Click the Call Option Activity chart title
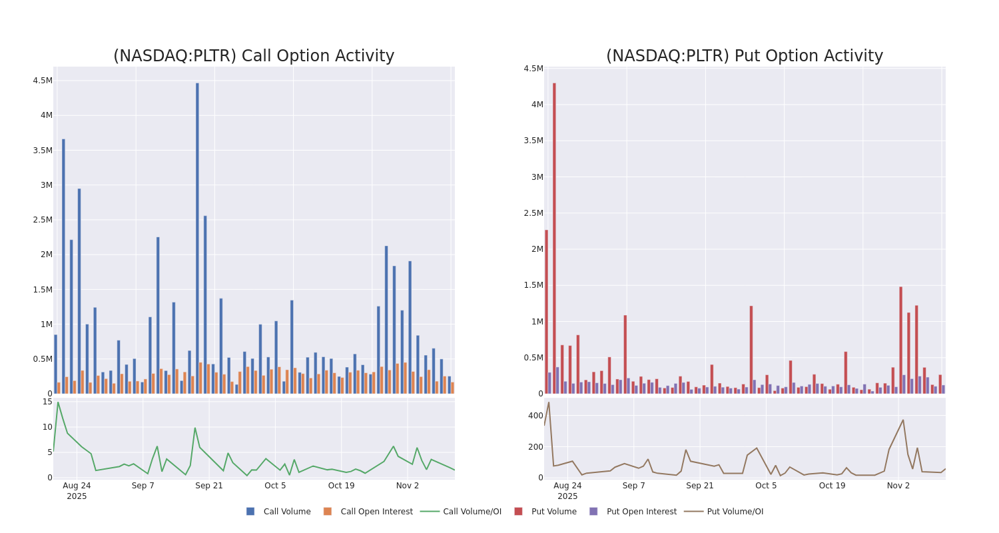tap(254, 56)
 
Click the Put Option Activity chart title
tap(744, 56)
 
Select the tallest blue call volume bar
tap(197, 238)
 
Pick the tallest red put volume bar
tap(554, 238)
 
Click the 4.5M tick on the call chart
tap(43, 81)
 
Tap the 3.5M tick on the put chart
tap(532, 141)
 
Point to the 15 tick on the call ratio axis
tap(47, 402)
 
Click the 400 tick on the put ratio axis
tap(535, 416)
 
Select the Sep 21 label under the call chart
tap(209, 486)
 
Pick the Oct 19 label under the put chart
tap(832, 486)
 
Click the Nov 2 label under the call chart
tap(408, 486)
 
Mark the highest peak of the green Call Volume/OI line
tap(58, 402)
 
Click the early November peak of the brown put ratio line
tap(903, 420)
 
